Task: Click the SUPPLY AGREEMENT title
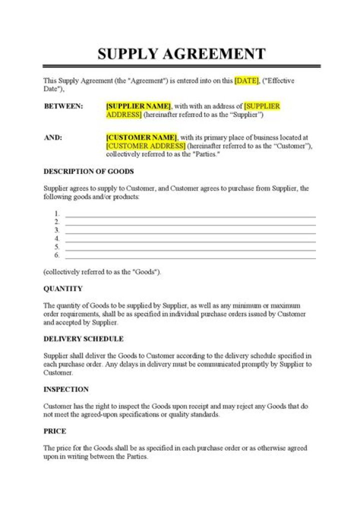coord(181,53)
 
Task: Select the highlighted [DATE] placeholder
coord(246,81)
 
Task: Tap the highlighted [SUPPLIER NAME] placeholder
coord(138,106)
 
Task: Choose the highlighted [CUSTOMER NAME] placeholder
coord(141,137)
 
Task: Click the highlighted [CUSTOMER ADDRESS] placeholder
coord(145,145)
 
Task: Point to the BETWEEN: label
coord(63,106)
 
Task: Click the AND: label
coord(53,137)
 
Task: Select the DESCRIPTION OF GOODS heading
coord(88,171)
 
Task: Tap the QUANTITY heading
coord(63,288)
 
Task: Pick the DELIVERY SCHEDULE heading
coord(83,338)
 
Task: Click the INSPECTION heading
coord(66,389)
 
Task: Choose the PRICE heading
coord(55,431)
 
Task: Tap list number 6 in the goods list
coord(57,255)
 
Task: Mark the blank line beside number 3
coord(190,233)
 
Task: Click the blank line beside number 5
coord(190,249)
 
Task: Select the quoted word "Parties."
coord(205,154)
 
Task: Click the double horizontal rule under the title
coord(181,66)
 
